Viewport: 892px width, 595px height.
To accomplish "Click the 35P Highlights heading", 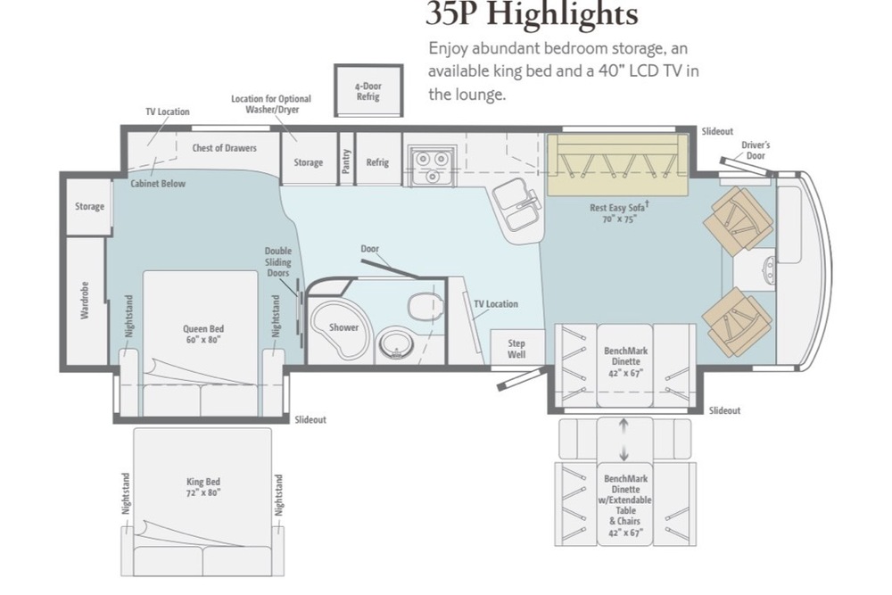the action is pyautogui.click(x=532, y=14).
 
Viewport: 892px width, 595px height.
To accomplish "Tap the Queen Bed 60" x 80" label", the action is pyautogui.click(x=203, y=334).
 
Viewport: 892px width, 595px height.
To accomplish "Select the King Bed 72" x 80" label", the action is pyautogui.click(x=203, y=487).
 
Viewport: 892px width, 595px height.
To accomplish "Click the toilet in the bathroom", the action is pyautogui.click(x=425, y=306).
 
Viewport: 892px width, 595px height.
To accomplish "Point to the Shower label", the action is pyautogui.click(x=343, y=327).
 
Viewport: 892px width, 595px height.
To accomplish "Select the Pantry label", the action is pyautogui.click(x=346, y=161).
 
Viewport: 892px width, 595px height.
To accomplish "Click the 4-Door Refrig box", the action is pyautogui.click(x=368, y=91).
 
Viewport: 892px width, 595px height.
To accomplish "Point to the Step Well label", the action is pyautogui.click(x=516, y=349).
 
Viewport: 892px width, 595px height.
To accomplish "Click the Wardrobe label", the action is pyautogui.click(x=85, y=300).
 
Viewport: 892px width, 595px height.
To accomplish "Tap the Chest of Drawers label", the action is pyautogui.click(x=224, y=148).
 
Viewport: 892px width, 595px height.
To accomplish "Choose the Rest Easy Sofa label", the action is pyautogui.click(x=618, y=212).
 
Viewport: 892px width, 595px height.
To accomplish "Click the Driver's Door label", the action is pyautogui.click(x=756, y=150).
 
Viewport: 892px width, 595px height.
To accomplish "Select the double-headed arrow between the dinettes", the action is pyautogui.click(x=624, y=440).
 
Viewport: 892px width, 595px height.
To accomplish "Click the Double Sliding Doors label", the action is pyautogui.click(x=278, y=261).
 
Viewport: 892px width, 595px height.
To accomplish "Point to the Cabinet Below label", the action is pyautogui.click(x=158, y=183).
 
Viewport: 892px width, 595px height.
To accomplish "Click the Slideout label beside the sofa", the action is pyautogui.click(x=717, y=131).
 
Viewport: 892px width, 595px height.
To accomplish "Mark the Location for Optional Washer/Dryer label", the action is pyautogui.click(x=271, y=104).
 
